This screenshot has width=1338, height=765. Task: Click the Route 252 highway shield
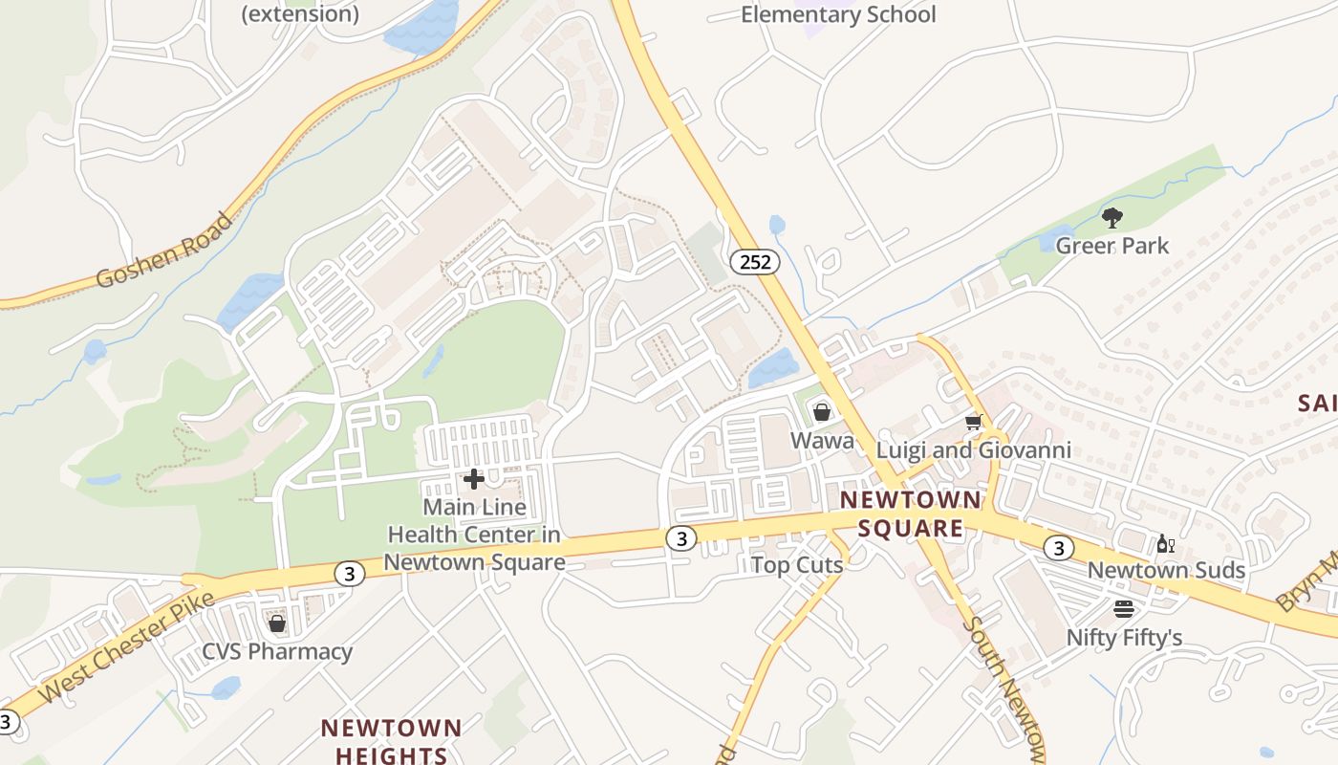(755, 262)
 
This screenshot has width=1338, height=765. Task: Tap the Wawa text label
(822, 441)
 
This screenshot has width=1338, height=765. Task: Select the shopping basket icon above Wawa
(822, 412)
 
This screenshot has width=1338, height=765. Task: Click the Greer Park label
(1111, 246)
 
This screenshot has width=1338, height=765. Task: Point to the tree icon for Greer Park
(1111, 218)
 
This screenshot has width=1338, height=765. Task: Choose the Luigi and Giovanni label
(974, 450)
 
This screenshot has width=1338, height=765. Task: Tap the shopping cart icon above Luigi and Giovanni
(974, 422)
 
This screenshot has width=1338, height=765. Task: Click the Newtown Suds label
(1166, 571)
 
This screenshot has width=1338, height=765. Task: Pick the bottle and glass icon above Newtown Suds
(1165, 544)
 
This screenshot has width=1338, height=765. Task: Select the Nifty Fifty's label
(1124, 638)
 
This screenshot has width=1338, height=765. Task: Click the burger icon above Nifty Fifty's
(1124, 609)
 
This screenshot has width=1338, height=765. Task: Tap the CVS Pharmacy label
(277, 652)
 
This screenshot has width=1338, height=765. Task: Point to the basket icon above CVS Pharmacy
(277, 624)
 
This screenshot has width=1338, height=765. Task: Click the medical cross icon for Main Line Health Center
(473, 479)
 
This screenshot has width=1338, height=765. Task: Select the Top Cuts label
(797, 565)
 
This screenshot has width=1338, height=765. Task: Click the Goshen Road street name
(164, 251)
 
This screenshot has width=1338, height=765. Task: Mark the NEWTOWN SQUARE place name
(910, 514)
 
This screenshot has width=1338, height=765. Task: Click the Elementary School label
(838, 14)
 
